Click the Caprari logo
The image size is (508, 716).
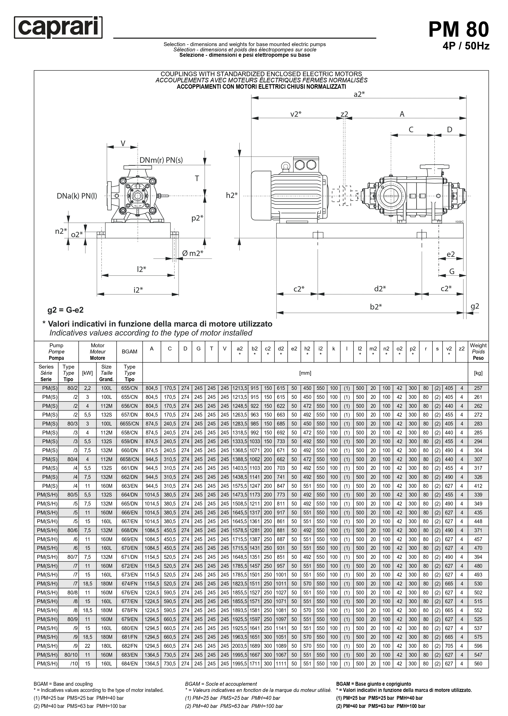tap(58, 28)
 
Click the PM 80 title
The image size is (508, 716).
tap(458, 30)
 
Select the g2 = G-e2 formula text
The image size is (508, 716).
tap(65, 310)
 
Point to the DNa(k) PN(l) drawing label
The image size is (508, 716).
tap(77, 196)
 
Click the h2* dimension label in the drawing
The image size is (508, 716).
tap(232, 195)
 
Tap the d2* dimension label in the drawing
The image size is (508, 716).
tap(380, 289)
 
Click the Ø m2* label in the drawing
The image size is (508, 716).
tap(193, 253)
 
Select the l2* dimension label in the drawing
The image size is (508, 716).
tap(141, 269)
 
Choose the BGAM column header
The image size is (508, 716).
tap(130, 351)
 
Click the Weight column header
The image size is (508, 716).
tap(478, 351)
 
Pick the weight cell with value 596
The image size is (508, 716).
tap(478, 646)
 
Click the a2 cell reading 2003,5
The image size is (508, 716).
tap(240, 646)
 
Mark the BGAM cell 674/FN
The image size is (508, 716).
tap(130, 584)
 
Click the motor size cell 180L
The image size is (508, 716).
tap(106, 646)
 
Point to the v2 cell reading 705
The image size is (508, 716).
tap(449, 646)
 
